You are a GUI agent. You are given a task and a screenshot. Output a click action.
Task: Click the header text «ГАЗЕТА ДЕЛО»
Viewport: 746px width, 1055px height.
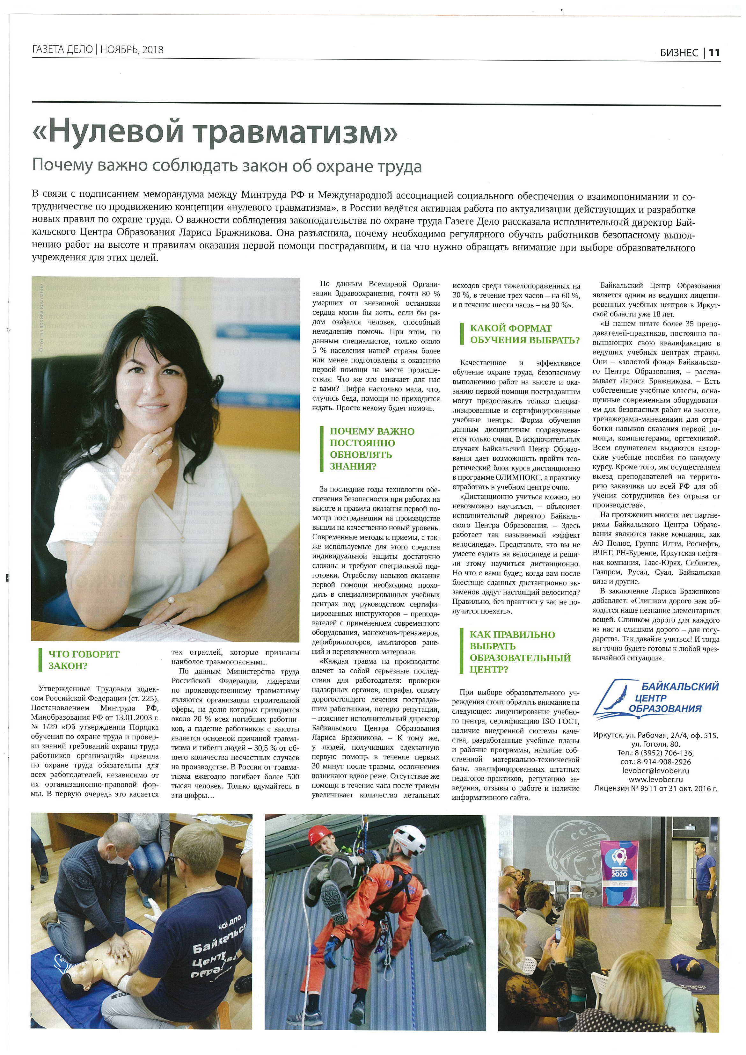(x=62, y=50)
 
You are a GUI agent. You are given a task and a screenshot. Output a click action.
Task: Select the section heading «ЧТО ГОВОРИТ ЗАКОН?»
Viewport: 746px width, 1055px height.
(x=84, y=660)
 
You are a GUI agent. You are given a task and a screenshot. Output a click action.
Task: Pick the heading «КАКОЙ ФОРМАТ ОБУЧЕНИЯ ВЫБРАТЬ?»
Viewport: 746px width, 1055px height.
(x=524, y=334)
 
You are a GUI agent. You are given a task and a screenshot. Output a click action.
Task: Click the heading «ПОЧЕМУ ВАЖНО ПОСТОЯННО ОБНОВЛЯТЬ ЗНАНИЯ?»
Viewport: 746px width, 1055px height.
(x=372, y=448)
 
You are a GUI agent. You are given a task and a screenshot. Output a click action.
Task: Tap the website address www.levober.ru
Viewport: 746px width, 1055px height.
(x=655, y=779)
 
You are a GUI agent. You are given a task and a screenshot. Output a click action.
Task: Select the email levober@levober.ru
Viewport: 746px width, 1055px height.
(x=655, y=771)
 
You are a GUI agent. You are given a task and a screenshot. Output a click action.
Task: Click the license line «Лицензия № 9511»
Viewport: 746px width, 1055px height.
(x=655, y=789)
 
